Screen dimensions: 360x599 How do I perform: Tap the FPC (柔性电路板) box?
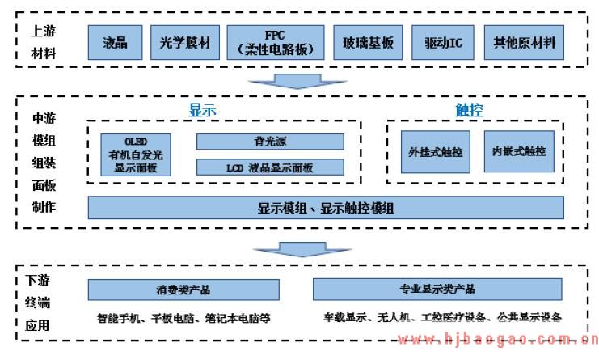pos(274,42)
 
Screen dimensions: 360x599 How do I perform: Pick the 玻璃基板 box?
pos(368,42)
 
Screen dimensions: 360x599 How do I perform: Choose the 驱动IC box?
pos(443,42)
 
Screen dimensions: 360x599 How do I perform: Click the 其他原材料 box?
pos(525,42)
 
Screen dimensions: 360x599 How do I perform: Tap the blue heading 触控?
pos(469,111)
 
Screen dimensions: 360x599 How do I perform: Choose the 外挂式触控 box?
pos(434,151)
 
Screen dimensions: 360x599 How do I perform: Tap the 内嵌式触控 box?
pos(518,151)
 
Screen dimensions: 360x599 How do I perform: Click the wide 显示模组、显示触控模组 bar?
pos(326,208)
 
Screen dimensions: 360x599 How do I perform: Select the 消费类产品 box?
pos(188,289)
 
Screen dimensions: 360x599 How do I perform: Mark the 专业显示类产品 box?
pos(437,289)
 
